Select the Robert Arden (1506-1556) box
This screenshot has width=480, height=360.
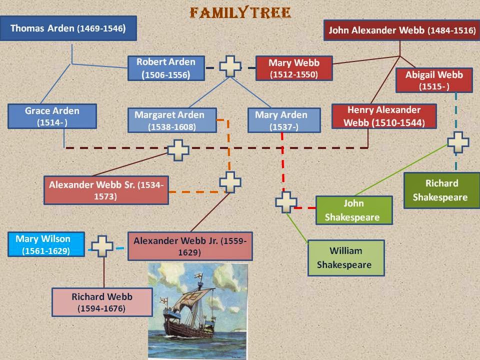click(166, 68)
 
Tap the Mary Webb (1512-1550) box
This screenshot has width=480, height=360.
click(293, 68)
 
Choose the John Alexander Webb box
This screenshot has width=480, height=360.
click(401, 30)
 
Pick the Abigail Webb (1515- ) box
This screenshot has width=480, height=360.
click(434, 80)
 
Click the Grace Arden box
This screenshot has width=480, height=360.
click(52, 116)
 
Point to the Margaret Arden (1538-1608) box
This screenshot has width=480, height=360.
click(172, 120)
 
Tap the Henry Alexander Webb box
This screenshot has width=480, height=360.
click(384, 116)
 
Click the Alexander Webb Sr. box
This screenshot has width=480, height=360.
click(105, 190)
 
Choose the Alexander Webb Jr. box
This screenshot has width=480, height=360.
click(189, 246)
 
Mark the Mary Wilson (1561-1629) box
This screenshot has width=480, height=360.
click(46, 244)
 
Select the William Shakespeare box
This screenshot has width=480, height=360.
click(346, 257)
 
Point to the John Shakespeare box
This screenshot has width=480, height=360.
click(353, 210)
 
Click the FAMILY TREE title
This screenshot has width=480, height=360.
click(239, 12)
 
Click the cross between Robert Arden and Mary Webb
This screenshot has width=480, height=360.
click(230, 66)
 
